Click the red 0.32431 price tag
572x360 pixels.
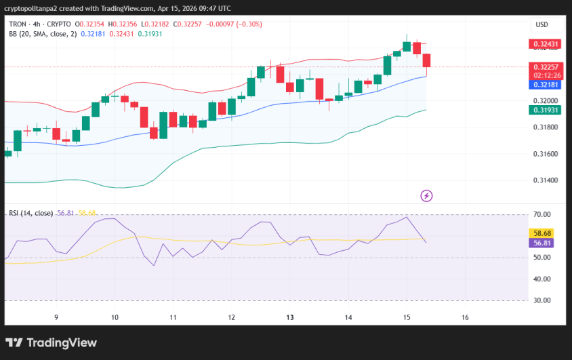coord(546,45)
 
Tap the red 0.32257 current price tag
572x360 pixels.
coord(546,66)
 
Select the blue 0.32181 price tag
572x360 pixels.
coord(546,85)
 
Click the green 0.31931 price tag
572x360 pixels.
coord(546,110)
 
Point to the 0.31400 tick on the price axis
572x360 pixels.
coord(545,180)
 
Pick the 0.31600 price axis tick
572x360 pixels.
coord(545,154)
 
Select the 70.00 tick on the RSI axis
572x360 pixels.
coord(543,215)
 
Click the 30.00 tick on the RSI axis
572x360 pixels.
coord(543,300)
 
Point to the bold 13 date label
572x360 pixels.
coord(289,317)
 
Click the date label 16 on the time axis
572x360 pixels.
coord(465,317)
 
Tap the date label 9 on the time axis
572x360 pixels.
coord(56,317)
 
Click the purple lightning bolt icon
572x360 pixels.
coord(427,196)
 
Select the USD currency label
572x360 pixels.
coord(542,24)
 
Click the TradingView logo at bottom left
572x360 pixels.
coord(52,343)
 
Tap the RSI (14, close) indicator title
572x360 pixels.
coord(30,213)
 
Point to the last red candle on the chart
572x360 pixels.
coord(426,61)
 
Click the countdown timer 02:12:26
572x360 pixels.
coord(546,75)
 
